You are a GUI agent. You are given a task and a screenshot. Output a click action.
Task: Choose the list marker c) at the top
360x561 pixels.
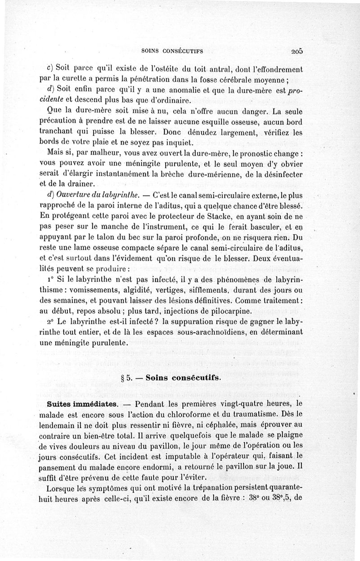click(50, 70)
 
